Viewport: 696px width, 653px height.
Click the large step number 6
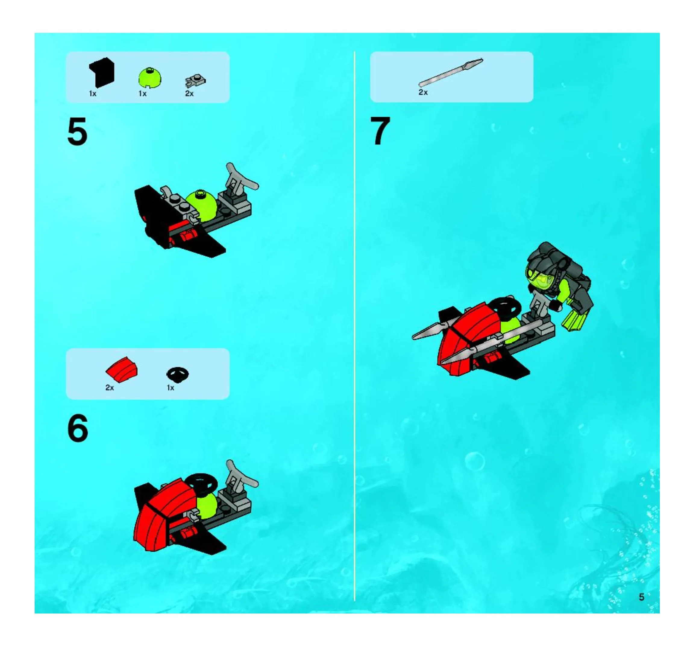77,428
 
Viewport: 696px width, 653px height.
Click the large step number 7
380,131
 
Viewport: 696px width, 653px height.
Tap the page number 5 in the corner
641,597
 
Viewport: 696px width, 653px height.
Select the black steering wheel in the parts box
178,374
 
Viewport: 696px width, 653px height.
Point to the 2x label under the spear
423,92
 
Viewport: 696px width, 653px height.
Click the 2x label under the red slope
110,388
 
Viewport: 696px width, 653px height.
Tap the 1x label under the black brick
93,94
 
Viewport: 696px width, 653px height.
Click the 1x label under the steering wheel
171,388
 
